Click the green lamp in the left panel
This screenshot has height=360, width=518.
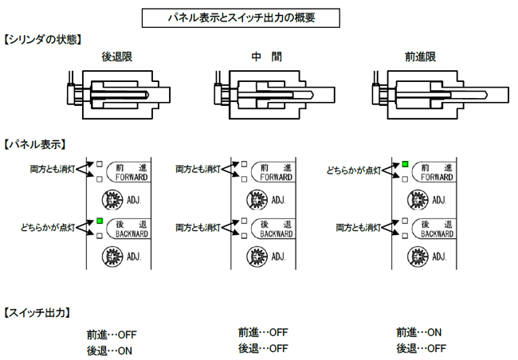click(x=100, y=220)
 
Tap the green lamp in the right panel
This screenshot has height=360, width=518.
click(x=405, y=164)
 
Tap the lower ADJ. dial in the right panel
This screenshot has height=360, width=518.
click(x=418, y=257)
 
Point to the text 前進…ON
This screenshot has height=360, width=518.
click(x=418, y=332)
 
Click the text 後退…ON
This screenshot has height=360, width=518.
click(x=109, y=349)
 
